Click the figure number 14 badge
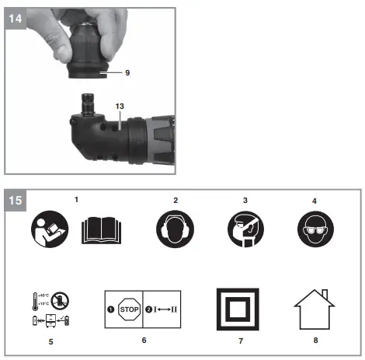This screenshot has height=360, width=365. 16,16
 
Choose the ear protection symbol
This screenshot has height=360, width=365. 176,232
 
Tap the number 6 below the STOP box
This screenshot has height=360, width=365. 143,340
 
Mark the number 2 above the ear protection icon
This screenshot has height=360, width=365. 176,200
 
